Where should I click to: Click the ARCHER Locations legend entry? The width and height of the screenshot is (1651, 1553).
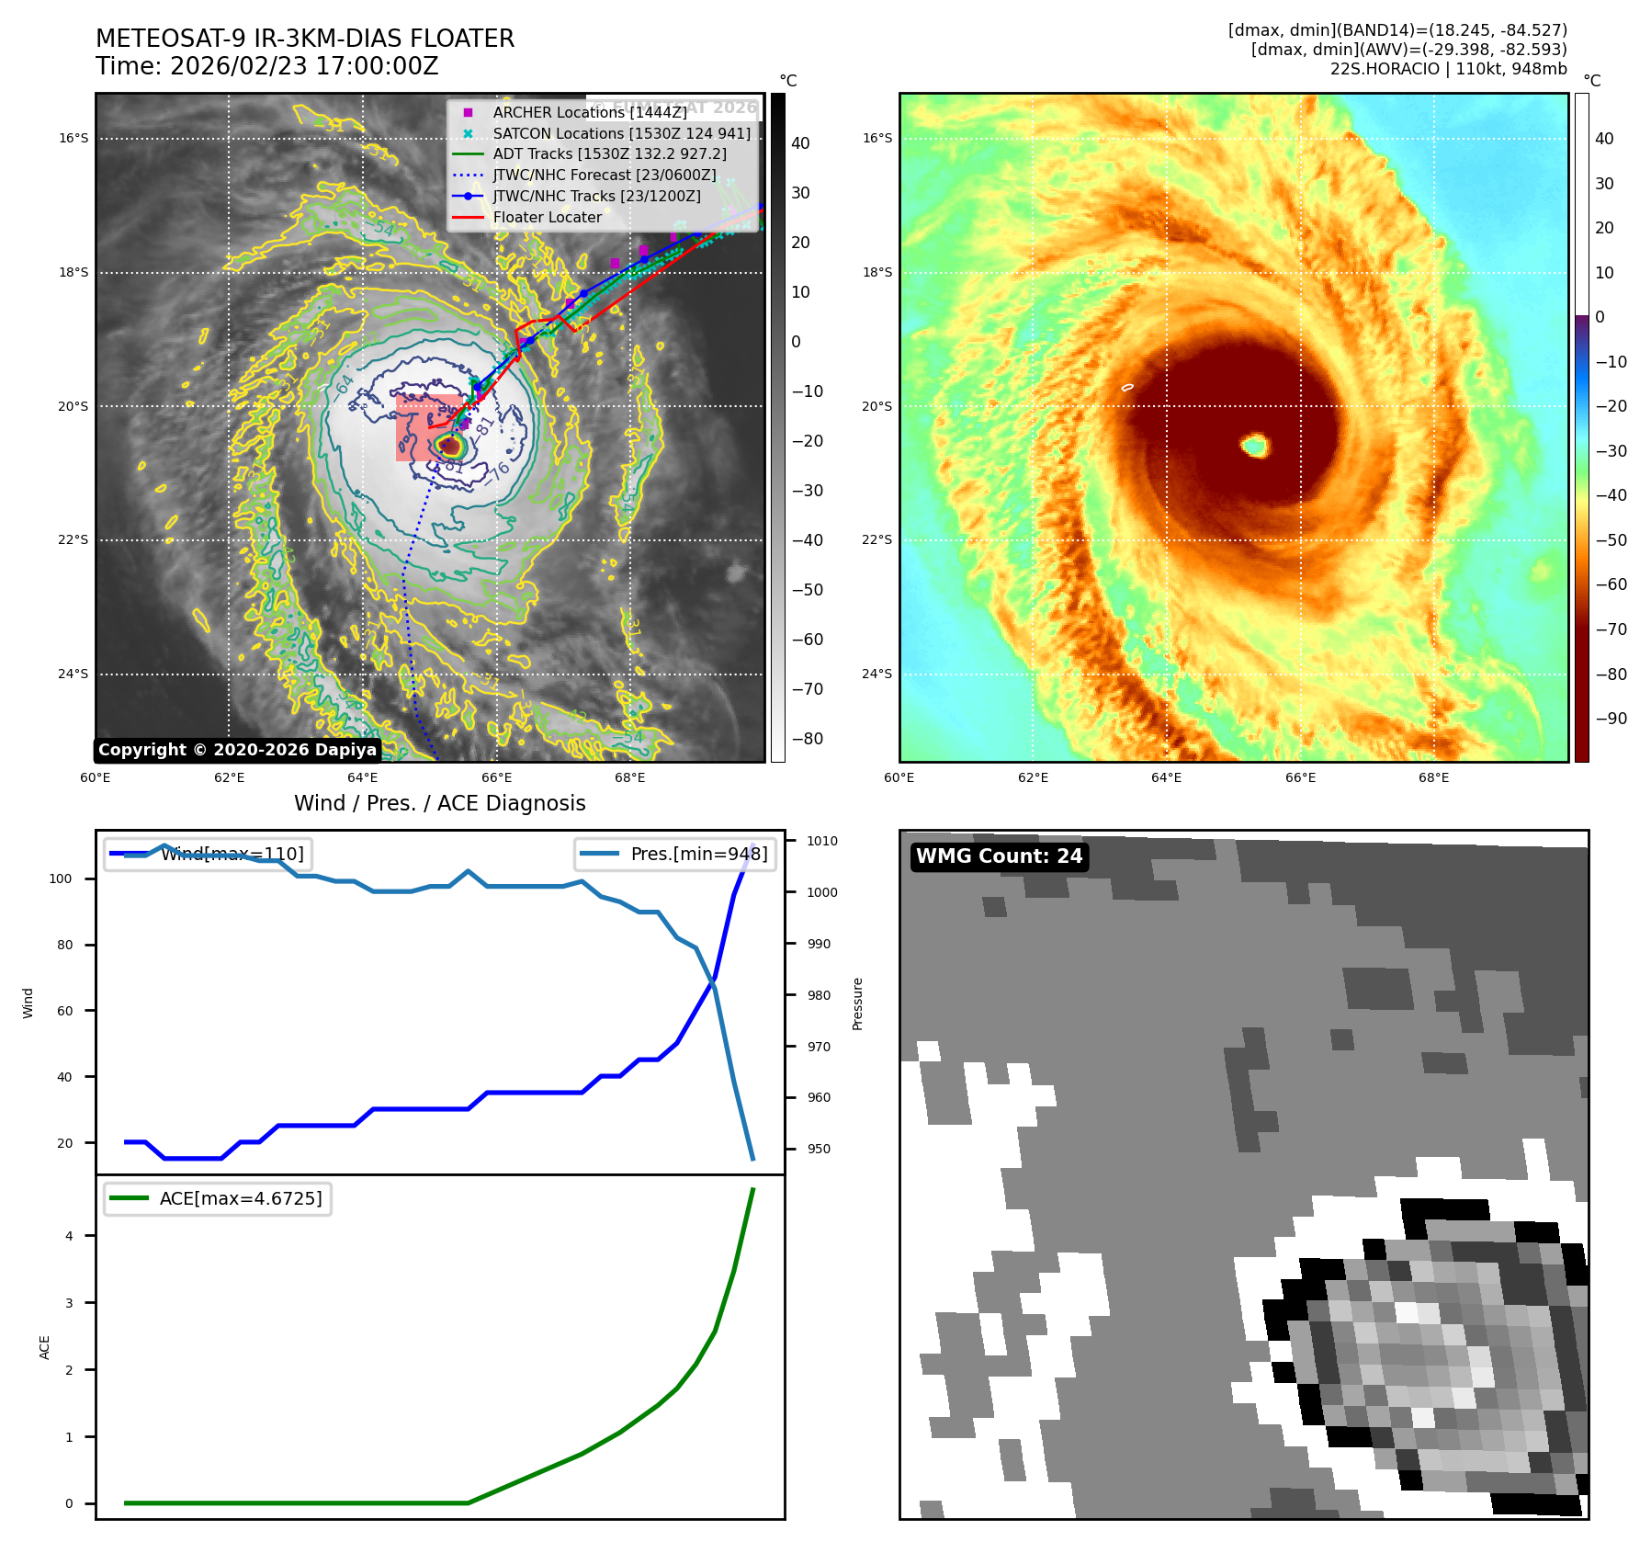pyautogui.click(x=589, y=112)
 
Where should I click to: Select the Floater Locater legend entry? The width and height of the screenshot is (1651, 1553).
pyautogui.click(x=547, y=218)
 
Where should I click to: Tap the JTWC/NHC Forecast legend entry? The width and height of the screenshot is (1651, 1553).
pyautogui.click(x=604, y=175)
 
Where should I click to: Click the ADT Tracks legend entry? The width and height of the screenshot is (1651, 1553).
pyautogui.click(x=609, y=154)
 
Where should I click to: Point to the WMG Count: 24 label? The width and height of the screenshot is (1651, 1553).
pyautogui.click(x=999, y=856)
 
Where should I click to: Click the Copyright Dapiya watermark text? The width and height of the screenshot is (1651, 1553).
pyautogui.click(x=237, y=750)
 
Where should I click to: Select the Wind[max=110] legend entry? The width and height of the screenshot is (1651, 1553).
pyautogui.click(x=232, y=854)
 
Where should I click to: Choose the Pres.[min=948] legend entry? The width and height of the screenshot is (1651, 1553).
pyautogui.click(x=698, y=854)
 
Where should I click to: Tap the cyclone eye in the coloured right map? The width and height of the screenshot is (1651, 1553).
pyautogui.click(x=1255, y=446)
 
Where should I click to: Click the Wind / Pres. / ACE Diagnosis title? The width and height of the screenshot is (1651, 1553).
pyautogui.click(x=439, y=803)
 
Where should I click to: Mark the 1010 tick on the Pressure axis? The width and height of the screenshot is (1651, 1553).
pyautogui.click(x=822, y=841)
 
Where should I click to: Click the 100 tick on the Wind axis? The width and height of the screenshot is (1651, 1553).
pyautogui.click(x=61, y=879)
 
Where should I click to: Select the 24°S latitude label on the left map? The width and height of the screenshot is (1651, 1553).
pyautogui.click(x=74, y=674)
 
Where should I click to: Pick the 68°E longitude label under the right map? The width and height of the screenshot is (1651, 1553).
pyautogui.click(x=1433, y=777)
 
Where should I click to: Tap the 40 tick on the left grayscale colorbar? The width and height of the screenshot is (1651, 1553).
pyautogui.click(x=800, y=143)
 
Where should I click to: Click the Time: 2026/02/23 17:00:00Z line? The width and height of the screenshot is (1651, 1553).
pyautogui.click(x=267, y=66)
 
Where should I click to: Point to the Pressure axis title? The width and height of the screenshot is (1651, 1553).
pyautogui.click(x=857, y=1003)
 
